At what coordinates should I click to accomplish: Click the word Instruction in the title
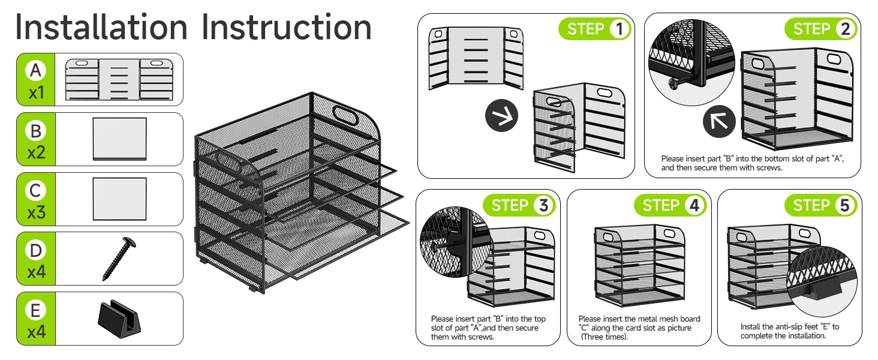pyautogui.click(x=286, y=28)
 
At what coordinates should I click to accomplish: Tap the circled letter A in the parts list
pyautogui.click(x=36, y=71)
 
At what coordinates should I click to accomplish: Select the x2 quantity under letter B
pyautogui.click(x=36, y=152)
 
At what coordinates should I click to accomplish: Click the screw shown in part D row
pyautogui.click(x=118, y=259)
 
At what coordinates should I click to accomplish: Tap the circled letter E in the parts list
pyautogui.click(x=36, y=310)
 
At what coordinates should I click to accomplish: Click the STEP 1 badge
pyautogui.click(x=594, y=29)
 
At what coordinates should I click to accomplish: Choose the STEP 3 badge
pyautogui.click(x=519, y=206)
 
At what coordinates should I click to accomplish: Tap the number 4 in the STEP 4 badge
pyautogui.click(x=694, y=206)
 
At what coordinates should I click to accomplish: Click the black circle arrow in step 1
pyautogui.click(x=501, y=118)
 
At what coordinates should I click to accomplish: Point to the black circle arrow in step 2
pyautogui.click(x=719, y=122)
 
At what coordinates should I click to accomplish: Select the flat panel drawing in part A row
pyautogui.click(x=119, y=79)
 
